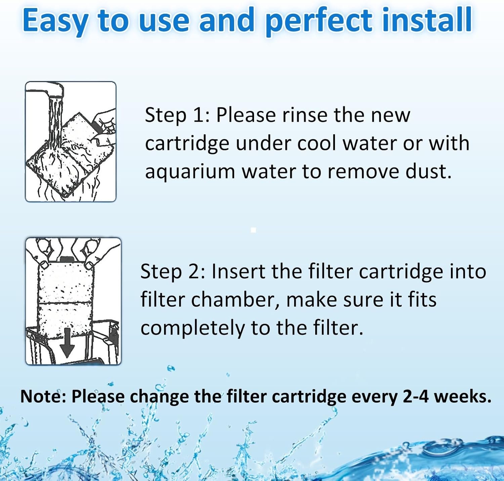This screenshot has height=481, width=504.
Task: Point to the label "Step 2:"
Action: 173,272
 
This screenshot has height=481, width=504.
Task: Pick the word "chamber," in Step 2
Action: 235,300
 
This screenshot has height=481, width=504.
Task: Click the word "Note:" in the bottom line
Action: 44,397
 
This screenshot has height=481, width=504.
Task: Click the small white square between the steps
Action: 254,230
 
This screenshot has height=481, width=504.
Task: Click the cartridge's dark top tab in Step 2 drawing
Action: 67,259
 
